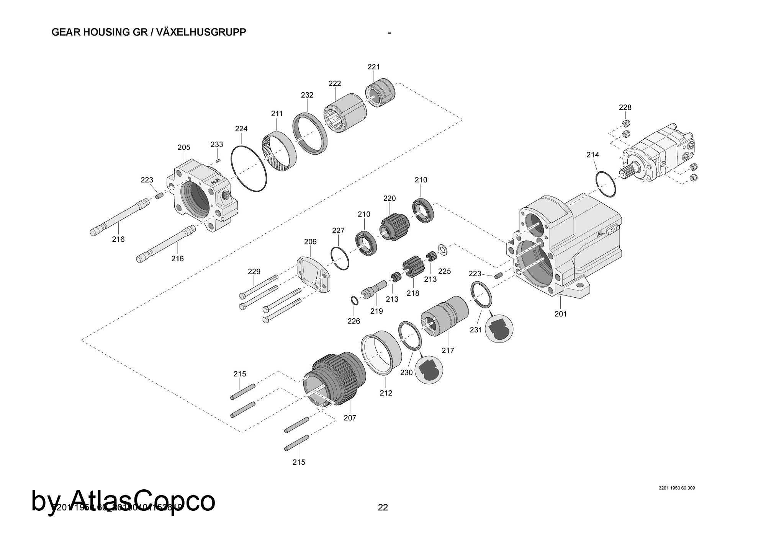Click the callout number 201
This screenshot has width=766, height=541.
point(560,314)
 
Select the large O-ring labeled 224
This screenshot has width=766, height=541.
point(249,169)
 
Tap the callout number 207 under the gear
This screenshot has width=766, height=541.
point(350,418)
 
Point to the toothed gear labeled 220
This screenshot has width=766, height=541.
point(394,227)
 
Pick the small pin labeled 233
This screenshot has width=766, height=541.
point(218,160)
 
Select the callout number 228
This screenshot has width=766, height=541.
point(625,108)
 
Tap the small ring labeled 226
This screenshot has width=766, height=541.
point(355,301)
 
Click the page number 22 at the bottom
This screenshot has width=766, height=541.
point(383,507)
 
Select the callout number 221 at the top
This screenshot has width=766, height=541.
point(373,67)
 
